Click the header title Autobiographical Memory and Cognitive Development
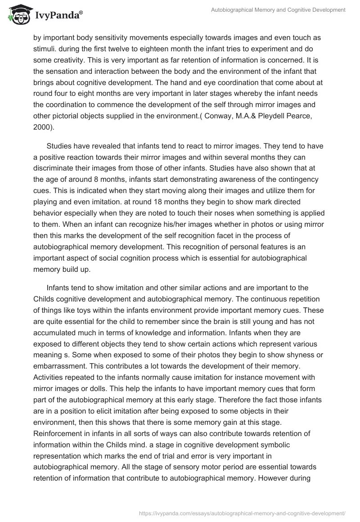[278, 9]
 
